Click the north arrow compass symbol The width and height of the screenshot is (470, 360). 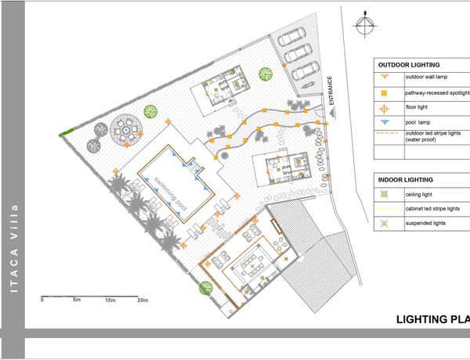(x=365, y=25)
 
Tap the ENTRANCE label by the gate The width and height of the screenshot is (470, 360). (x=331, y=91)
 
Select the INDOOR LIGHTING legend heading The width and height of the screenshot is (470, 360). (x=405, y=180)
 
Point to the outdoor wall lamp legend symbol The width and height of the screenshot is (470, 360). (x=385, y=77)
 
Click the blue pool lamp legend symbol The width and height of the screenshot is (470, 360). (x=385, y=122)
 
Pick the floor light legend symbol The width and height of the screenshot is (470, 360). (x=384, y=109)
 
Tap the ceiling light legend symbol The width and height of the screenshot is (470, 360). (x=385, y=194)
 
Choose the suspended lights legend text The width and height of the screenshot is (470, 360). (x=425, y=223)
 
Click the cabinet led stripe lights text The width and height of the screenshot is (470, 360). (x=432, y=208)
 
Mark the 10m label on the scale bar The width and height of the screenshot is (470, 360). (x=110, y=300)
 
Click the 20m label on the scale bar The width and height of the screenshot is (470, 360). (x=143, y=300)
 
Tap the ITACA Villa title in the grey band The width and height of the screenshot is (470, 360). (x=14, y=249)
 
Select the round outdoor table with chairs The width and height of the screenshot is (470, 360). (x=126, y=130)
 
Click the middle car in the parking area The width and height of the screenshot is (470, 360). (x=298, y=54)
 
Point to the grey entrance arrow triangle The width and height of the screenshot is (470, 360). (x=332, y=113)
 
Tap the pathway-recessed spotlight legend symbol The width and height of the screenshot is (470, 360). (x=384, y=93)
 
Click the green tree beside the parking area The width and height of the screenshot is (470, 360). (x=266, y=74)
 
